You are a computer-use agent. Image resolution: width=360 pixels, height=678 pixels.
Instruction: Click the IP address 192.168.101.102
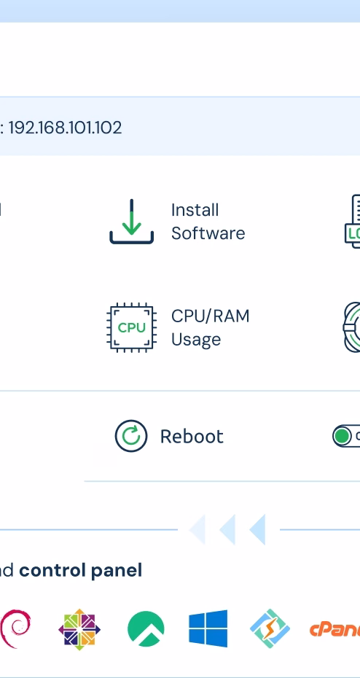tap(66, 128)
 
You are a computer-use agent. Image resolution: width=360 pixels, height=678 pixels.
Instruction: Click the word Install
tap(195, 210)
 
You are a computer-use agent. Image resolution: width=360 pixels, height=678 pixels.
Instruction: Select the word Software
tap(208, 233)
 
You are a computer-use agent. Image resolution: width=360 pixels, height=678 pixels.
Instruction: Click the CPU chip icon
tap(131, 327)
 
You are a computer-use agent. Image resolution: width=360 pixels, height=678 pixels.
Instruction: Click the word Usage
tap(196, 340)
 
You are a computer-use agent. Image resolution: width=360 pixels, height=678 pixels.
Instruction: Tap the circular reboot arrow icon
tap(131, 436)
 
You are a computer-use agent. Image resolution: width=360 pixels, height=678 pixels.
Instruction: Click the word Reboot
tap(192, 436)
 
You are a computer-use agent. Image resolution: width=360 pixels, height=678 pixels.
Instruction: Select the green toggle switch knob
tap(343, 436)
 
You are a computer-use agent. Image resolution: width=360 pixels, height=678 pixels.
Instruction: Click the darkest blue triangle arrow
tap(257, 529)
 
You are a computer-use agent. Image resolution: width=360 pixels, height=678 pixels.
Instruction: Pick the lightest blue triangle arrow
tap(197, 529)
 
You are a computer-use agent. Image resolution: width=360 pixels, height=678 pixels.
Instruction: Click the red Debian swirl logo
tap(15, 628)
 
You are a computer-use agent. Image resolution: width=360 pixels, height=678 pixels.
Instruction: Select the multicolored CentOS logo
tap(79, 630)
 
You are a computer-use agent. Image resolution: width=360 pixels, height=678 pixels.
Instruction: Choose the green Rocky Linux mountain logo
tap(146, 628)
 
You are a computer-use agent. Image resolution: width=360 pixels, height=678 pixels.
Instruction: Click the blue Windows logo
tap(208, 628)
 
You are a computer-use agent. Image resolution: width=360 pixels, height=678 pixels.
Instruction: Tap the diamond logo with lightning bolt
tap(270, 628)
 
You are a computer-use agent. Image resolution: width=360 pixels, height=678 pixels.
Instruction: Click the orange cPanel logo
tap(335, 630)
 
